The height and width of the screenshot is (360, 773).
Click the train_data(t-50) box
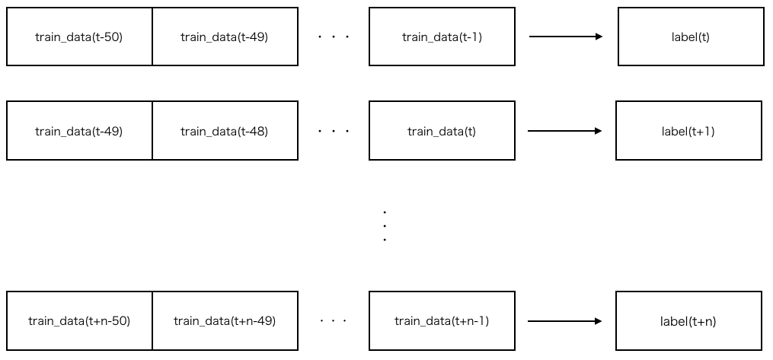coord(79,37)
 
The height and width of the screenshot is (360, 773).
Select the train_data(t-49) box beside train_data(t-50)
coord(225,37)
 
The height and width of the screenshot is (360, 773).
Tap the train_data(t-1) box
coord(442,37)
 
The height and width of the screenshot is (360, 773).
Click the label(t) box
coord(691,37)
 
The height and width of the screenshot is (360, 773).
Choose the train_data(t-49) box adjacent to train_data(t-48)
coord(79,131)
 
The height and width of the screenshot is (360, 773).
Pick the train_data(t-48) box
coord(225,131)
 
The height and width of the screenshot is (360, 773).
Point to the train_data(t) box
coord(442,131)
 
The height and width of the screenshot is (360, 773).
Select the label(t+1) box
coord(688,131)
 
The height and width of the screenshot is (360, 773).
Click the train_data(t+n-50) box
coord(79,321)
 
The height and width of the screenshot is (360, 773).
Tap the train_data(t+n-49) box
coord(225,321)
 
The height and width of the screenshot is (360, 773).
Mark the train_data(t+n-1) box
coord(442,321)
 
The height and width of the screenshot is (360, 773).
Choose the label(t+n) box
coord(688,321)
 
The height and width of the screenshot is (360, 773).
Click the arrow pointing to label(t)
coord(566,37)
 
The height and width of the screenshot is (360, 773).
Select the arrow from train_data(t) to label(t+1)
coord(564,131)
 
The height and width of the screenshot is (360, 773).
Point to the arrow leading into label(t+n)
coord(564,321)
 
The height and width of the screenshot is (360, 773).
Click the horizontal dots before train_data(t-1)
coord(334,37)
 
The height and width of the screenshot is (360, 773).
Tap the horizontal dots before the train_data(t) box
coord(334,131)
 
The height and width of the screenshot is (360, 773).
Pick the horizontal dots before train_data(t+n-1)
coord(334,321)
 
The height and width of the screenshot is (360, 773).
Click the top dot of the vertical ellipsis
coord(385,212)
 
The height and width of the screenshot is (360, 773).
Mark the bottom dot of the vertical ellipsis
coord(385,240)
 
